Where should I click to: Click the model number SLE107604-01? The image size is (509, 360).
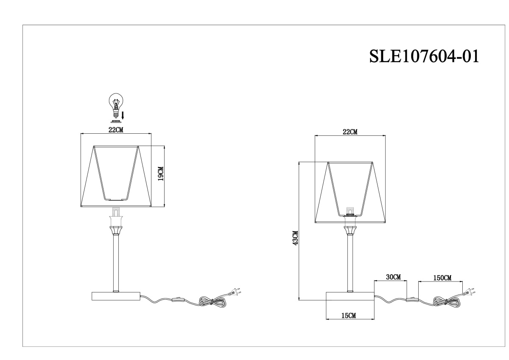pos(424,56)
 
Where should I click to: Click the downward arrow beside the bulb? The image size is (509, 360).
pos(123,115)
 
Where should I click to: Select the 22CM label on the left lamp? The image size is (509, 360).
pos(116,130)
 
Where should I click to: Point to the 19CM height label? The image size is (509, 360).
pos(161,174)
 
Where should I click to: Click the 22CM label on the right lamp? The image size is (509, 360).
pos(350,132)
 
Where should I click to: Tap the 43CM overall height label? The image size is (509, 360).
pos(295,238)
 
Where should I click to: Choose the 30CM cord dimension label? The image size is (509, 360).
pos(393,277)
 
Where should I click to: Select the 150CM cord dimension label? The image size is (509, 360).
pos(442,278)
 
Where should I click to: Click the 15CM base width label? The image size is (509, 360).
pos(349,315)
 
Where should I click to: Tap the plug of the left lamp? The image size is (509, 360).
pos(235,292)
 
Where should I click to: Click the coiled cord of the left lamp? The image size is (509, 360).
pos(212,302)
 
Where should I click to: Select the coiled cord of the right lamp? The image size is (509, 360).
pos(447,302)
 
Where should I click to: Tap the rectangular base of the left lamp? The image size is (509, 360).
pos(116,296)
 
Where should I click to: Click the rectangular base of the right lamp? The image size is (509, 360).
pos(350,296)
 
